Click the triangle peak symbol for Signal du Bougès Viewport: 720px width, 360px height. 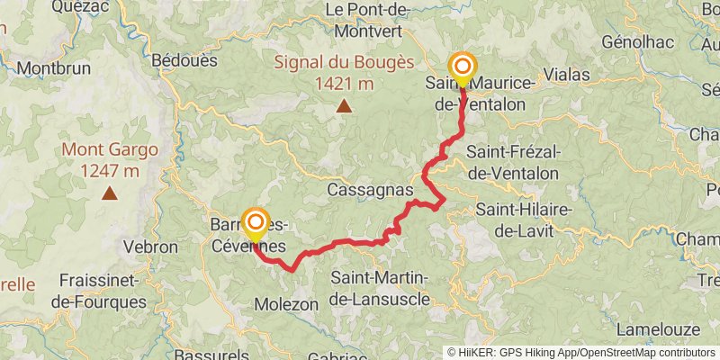(343, 106)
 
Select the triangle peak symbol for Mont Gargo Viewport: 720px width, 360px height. (109, 192)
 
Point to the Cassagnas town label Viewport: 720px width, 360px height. (370, 190)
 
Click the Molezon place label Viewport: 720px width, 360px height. (286, 304)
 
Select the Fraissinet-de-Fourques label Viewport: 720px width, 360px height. (98, 291)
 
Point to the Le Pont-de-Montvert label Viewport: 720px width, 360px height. (370, 18)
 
